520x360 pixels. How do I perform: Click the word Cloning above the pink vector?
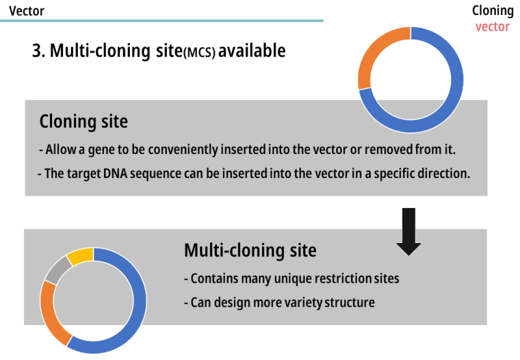[492, 11]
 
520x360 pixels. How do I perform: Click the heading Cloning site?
[83, 122]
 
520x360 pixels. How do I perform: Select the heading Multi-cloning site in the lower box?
[250, 250]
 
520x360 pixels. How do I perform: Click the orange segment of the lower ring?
[52, 311]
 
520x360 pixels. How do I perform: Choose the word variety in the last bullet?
[305, 302]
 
